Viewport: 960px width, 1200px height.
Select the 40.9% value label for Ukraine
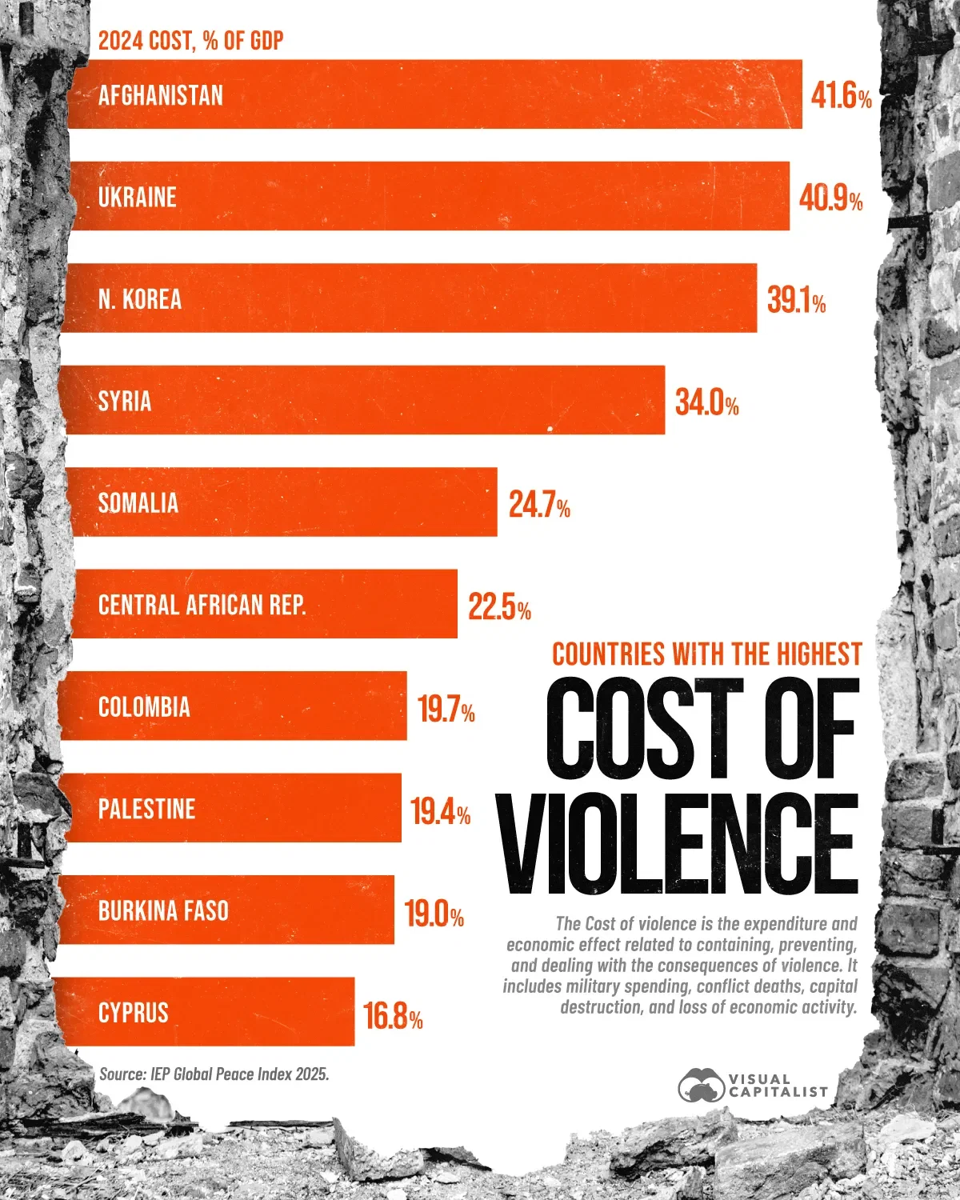click(830, 198)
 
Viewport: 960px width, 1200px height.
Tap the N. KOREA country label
click(140, 299)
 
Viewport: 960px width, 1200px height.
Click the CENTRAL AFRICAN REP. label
click(202, 605)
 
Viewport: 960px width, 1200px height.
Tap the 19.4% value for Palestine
click(440, 812)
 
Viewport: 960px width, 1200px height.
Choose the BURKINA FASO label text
click(163, 910)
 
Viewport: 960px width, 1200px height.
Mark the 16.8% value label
click(393, 1017)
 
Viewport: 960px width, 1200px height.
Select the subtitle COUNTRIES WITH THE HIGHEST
click(706, 654)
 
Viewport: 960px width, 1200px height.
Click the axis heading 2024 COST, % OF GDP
click(190, 41)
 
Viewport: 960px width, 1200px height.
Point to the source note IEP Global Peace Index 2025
click(214, 1074)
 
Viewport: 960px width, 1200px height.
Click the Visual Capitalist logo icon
click(701, 1086)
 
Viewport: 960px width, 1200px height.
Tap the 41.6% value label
click(841, 97)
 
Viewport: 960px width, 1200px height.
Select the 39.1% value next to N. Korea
click(796, 301)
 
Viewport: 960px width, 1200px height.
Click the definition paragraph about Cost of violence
click(680, 965)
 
